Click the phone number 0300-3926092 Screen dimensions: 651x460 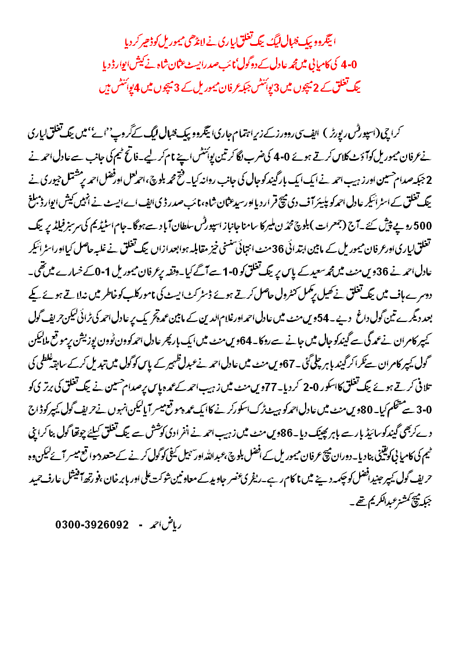(x=92, y=525)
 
